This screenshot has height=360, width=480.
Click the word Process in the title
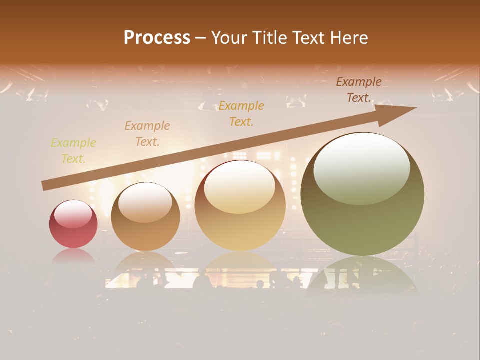point(157,38)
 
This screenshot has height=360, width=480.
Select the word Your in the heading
point(229,38)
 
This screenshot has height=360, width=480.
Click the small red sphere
point(73,224)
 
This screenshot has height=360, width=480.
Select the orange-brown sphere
point(145,217)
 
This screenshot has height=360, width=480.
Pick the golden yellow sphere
point(240,206)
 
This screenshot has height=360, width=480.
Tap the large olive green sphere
point(362,194)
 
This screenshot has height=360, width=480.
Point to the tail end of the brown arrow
point(45,186)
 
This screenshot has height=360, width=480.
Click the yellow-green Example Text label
point(73,151)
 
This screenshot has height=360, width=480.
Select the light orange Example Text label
point(147,134)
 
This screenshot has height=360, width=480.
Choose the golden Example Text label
point(241,114)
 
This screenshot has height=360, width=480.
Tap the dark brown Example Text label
point(359,90)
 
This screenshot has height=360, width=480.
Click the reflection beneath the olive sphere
point(362,275)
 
